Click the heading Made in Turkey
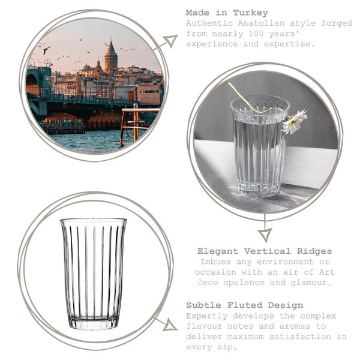tap(227, 13)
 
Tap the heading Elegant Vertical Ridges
tap(265, 251)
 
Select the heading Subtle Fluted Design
tap(244, 305)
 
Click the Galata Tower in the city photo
tap(111, 59)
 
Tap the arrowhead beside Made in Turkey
tap(170, 41)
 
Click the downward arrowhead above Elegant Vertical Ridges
tap(265, 234)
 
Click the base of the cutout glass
tap(94, 324)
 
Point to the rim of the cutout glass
tap(94, 221)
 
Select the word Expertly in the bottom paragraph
tap(206, 316)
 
